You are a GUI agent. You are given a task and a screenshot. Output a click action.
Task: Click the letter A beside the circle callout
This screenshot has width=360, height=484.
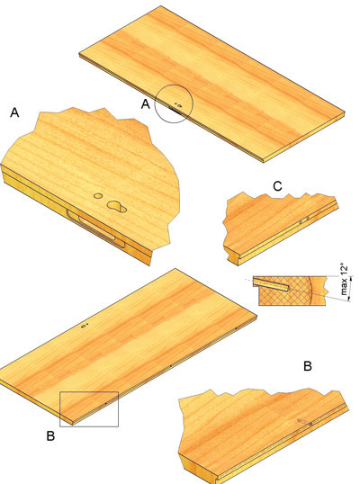click(146, 104)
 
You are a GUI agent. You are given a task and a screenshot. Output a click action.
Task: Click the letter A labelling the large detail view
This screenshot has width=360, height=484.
click(14, 112)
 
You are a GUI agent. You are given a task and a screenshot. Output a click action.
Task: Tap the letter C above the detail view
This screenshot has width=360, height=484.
click(277, 186)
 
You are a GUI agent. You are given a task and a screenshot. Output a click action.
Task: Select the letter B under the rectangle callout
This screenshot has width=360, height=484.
click(50, 436)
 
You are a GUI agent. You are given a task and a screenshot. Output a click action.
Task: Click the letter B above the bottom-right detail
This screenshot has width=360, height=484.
click(308, 366)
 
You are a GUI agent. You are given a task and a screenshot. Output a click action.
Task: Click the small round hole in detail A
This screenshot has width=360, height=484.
click(98, 196)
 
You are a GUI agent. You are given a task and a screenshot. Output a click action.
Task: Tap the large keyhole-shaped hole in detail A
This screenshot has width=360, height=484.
click(117, 206)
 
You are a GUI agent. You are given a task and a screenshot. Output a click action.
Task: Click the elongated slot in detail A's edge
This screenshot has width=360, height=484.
click(95, 229)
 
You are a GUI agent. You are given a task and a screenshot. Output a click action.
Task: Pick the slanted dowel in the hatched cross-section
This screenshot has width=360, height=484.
click(271, 283)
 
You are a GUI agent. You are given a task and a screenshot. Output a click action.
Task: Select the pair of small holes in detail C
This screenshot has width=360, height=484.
click(304, 220)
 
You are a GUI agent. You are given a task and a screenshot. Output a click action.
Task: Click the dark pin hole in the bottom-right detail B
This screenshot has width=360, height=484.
click(310, 424)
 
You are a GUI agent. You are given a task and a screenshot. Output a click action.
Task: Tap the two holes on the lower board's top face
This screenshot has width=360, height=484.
click(85, 326)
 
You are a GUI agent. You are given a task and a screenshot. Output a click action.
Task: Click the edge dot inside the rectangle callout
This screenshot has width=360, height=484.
click(105, 403)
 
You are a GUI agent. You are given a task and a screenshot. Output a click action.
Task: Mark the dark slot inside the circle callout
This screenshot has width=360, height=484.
click(175, 109)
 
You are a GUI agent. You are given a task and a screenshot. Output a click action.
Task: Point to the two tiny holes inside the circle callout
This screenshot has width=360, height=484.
click(178, 104)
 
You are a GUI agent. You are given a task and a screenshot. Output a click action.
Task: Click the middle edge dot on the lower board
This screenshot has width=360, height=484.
click(171, 366)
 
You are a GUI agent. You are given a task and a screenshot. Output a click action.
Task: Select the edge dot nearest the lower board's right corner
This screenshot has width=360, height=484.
click(236, 328)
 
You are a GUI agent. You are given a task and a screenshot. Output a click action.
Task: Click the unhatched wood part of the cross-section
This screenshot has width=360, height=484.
click(318, 291)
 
